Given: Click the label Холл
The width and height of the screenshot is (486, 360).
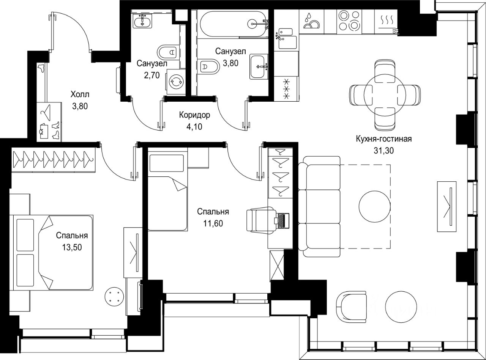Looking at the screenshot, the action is click(80, 94).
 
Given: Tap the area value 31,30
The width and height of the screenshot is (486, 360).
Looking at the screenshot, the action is click(383, 151).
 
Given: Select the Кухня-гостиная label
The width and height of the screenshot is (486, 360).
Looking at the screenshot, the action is click(383, 139).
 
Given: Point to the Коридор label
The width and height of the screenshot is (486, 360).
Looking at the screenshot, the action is click(194, 115).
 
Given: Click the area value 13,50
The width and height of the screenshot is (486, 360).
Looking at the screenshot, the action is click(72, 247).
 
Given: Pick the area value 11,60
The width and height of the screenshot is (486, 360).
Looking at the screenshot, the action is click(213, 223).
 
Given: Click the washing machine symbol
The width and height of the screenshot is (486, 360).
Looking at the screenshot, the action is click(176, 82).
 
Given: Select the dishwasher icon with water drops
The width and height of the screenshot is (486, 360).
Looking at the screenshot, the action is click(311, 21).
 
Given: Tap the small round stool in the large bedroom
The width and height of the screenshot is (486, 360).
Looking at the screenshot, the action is click(114, 295).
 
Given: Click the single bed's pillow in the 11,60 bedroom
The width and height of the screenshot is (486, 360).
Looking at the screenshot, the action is click(167, 163).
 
